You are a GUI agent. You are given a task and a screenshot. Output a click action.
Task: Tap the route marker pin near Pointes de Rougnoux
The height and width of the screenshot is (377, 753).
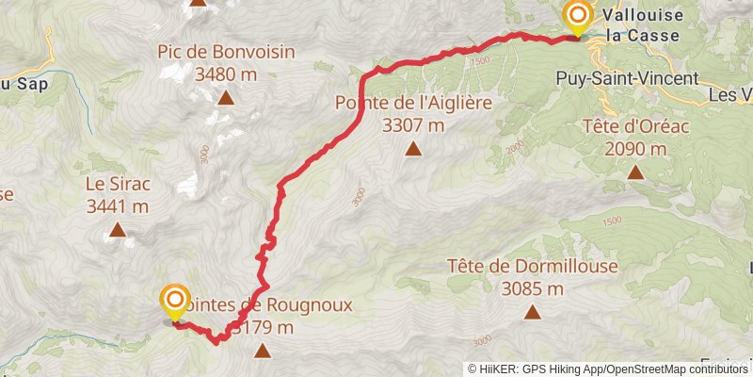(x=175, y=302)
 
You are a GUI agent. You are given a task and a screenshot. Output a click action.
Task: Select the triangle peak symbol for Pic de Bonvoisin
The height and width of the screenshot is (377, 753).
(x=226, y=97)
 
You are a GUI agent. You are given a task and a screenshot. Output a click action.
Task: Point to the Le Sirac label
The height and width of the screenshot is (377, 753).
(x=117, y=184)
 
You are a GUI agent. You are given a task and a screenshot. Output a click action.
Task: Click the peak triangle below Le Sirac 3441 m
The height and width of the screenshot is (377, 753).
(x=118, y=229)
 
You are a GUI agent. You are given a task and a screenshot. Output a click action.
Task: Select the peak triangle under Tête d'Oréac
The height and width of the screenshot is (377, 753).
(x=636, y=172)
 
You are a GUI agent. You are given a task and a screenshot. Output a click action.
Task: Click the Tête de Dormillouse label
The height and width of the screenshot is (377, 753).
(x=533, y=267)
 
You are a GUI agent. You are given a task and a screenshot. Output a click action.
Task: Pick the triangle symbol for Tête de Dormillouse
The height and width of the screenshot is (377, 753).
(x=533, y=311)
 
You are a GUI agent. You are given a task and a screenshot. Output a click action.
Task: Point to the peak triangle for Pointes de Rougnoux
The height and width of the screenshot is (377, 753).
(x=262, y=352)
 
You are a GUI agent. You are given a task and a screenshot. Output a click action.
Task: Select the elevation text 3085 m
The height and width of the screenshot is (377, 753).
(x=533, y=288)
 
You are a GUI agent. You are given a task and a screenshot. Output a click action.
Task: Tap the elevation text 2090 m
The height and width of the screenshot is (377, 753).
(x=635, y=149)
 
